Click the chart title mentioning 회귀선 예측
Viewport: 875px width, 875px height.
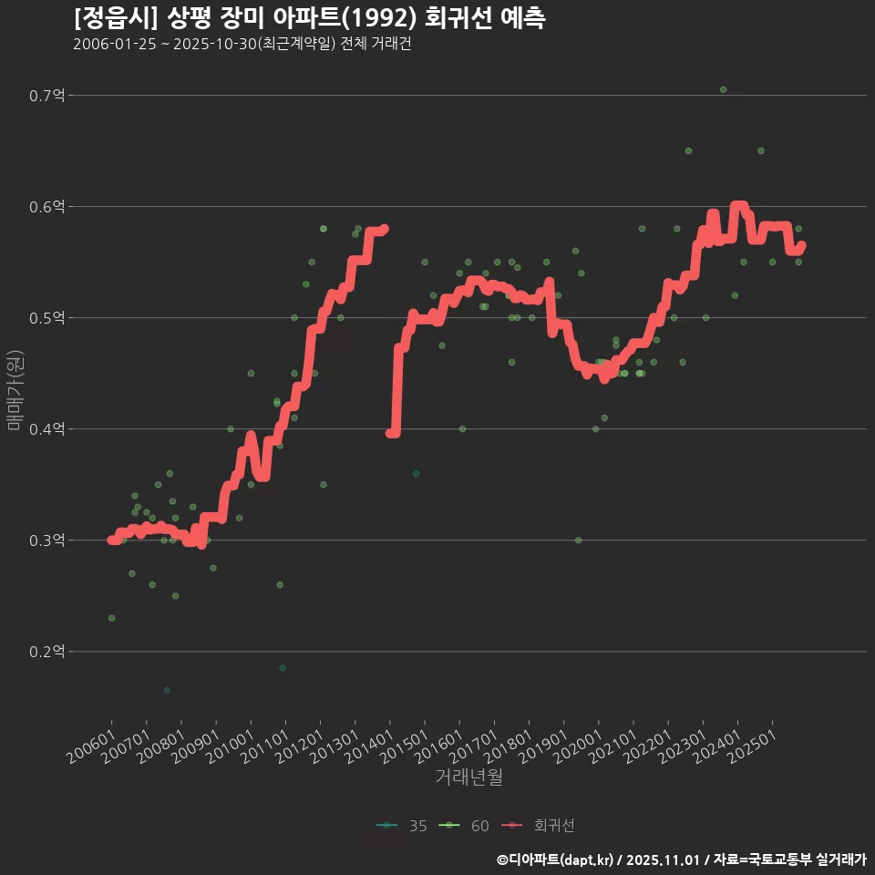tap(309, 17)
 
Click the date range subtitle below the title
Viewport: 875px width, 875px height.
tap(242, 45)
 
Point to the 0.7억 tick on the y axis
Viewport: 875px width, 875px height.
tap(47, 96)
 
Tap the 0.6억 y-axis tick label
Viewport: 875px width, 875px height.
tap(47, 207)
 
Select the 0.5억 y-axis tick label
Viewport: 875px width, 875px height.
tap(47, 318)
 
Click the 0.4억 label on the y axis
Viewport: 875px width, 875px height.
tap(47, 429)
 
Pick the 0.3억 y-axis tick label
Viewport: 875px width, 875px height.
tap(47, 540)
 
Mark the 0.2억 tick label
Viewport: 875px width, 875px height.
tap(47, 652)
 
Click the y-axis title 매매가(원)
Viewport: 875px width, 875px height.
tap(15, 389)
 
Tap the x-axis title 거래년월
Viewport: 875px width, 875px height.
tap(468, 777)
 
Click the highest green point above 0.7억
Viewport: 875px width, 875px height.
tap(723, 89)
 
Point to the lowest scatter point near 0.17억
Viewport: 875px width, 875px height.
tap(167, 690)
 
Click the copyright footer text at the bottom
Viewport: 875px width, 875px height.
tap(681, 860)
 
